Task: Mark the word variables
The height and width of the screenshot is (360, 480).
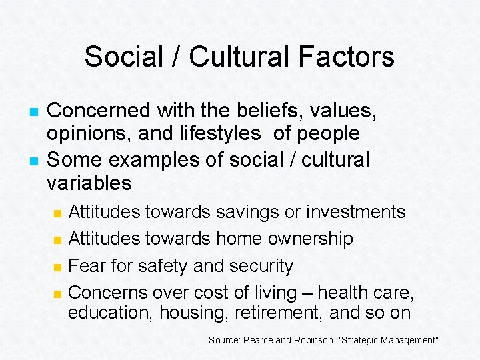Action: coord(89,183)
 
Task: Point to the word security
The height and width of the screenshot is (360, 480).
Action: coord(261,266)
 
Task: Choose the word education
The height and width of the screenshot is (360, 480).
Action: coord(110,313)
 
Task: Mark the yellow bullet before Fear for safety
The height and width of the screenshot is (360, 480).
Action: coord(58,267)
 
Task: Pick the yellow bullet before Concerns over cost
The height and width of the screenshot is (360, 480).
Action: coord(58,293)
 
